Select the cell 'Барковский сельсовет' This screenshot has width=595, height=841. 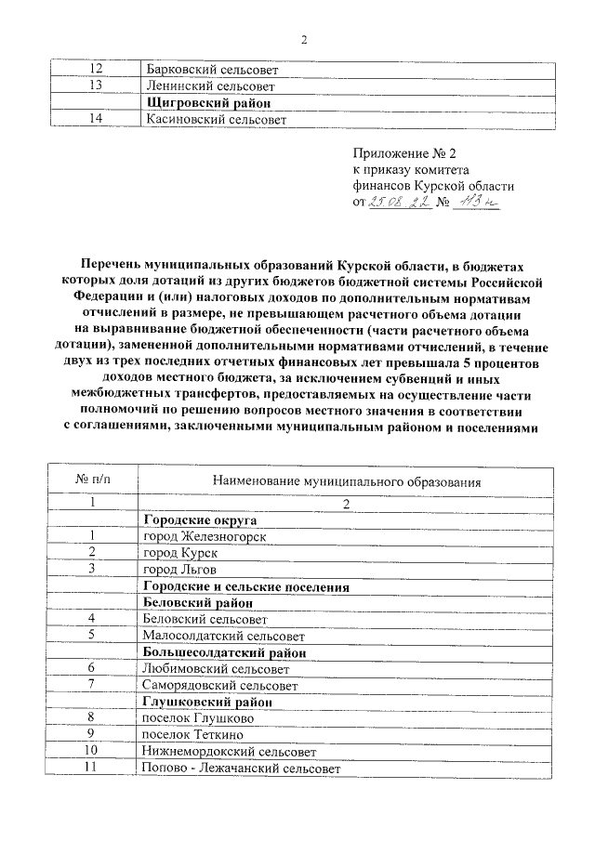coord(211,69)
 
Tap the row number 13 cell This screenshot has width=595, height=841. coord(94,85)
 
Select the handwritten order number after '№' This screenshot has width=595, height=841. coord(476,203)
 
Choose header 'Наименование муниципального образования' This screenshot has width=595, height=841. coord(347,482)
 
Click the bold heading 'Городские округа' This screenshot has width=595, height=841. coord(199,519)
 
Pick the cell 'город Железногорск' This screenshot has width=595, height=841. coord(205,536)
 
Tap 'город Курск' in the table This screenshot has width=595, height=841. coord(179,552)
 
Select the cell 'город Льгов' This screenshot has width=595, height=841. coord(178,569)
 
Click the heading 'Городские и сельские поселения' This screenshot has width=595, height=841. coord(245,586)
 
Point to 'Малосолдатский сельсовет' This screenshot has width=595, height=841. coord(223,636)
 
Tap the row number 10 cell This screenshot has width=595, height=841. coord(92,751)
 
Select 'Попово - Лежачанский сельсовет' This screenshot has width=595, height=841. coord(239,768)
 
